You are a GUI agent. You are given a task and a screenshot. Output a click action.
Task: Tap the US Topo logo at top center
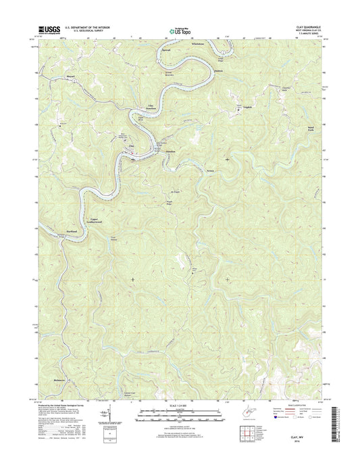180,30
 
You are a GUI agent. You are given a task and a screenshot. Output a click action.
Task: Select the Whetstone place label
198,44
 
